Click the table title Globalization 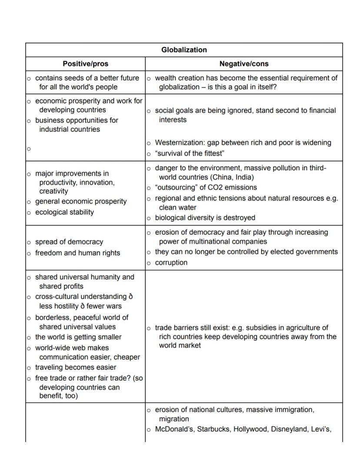coord(184,50)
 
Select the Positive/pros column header coord(85,64)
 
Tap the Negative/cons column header coord(243,64)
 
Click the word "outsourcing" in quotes coord(176,187)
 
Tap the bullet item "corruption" coord(171,263)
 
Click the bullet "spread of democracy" coord(69,242)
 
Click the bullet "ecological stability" coord(64,212)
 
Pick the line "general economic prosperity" coord(81,201)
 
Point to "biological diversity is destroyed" coord(205,217)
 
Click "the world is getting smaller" coord(78,337)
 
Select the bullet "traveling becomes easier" coord(76,367)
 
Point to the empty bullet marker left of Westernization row coord(29,149)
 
